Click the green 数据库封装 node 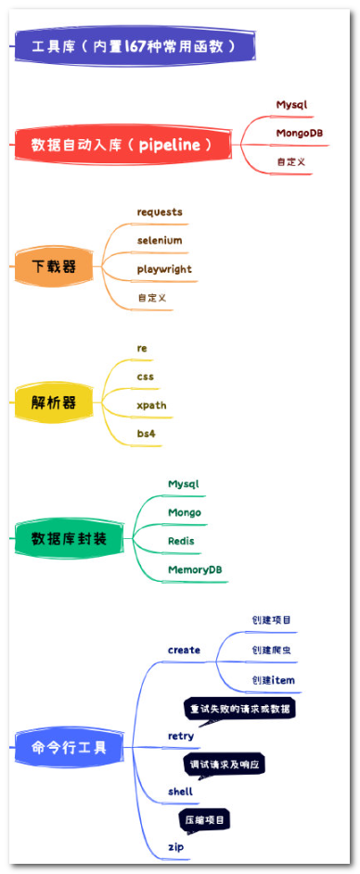tap(70, 538)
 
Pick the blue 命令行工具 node tap(70, 746)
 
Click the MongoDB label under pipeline tap(299, 133)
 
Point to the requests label tap(160, 212)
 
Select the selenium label tap(160, 240)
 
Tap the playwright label tap(164, 269)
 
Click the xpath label tap(151, 405)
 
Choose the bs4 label tap(146, 433)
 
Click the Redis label tap(181, 540)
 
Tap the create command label tap(184, 649)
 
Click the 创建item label tap(273, 680)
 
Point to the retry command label tap(180, 736)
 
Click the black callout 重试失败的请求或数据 tap(239, 709)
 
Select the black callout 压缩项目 tap(204, 820)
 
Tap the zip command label tap(175, 846)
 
